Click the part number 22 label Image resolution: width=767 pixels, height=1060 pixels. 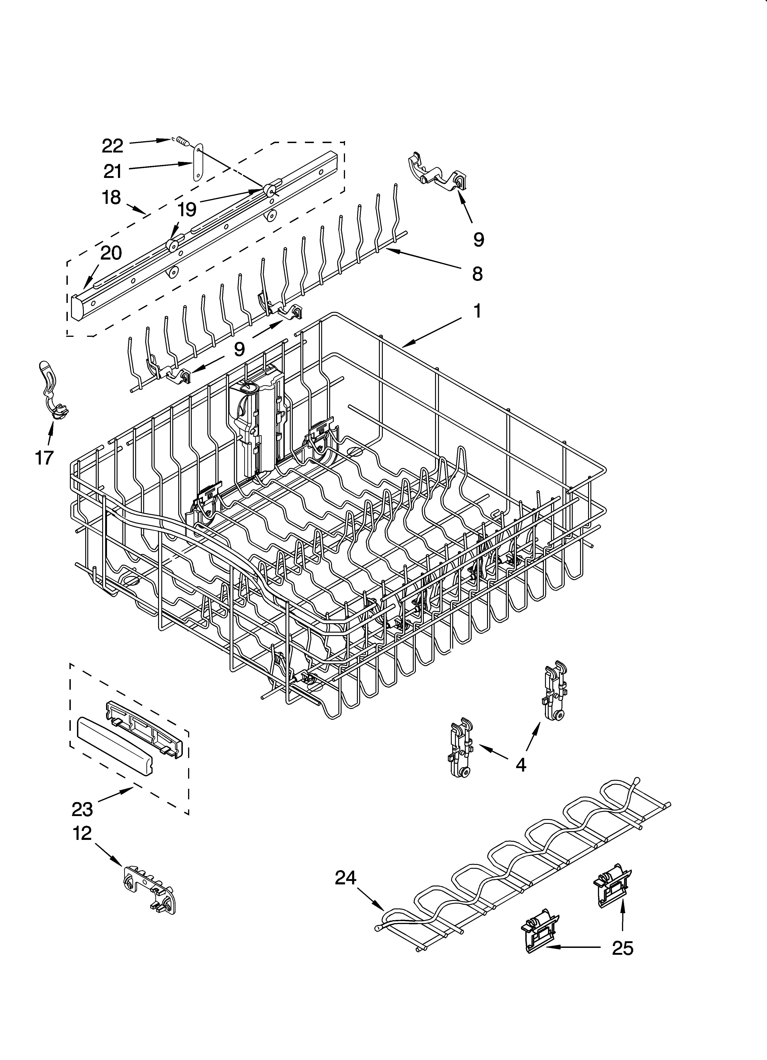[x=112, y=146]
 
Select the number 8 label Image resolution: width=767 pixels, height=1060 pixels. [x=477, y=274]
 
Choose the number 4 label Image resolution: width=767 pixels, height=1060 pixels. [x=520, y=765]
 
